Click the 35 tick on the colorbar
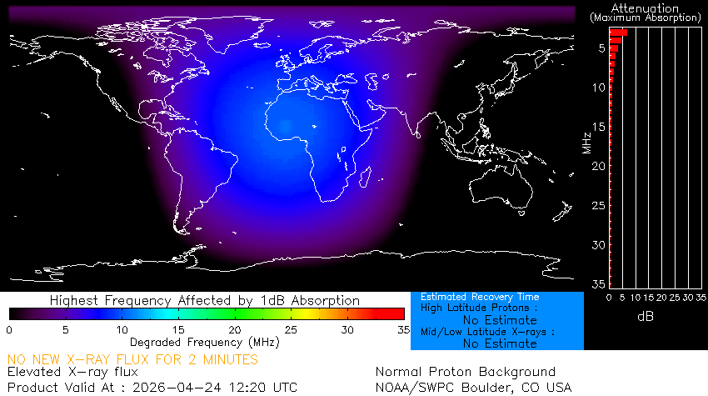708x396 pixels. click(x=402, y=330)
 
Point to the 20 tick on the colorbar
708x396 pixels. click(x=235, y=330)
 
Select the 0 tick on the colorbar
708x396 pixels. click(x=9, y=330)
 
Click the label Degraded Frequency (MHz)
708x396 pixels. click(x=205, y=342)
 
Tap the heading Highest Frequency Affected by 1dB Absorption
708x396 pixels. click(x=205, y=300)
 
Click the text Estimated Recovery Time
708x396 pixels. click(x=480, y=297)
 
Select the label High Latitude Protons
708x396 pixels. click(x=473, y=308)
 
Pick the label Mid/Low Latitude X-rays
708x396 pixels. click(x=486, y=331)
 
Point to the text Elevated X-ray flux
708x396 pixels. click(x=72, y=372)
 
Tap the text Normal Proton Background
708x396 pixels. click(x=465, y=372)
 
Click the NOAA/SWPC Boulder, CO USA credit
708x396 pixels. click(x=473, y=387)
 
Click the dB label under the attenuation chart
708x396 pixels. click(x=645, y=318)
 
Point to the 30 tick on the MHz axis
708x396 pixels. click(x=598, y=245)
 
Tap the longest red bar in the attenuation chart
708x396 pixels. click(x=618, y=33)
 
